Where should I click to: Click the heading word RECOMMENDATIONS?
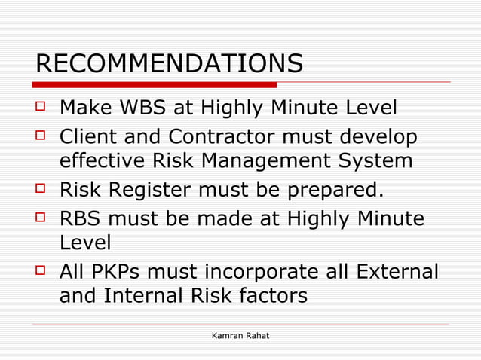(x=169, y=64)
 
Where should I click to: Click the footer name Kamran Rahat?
(x=240, y=334)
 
